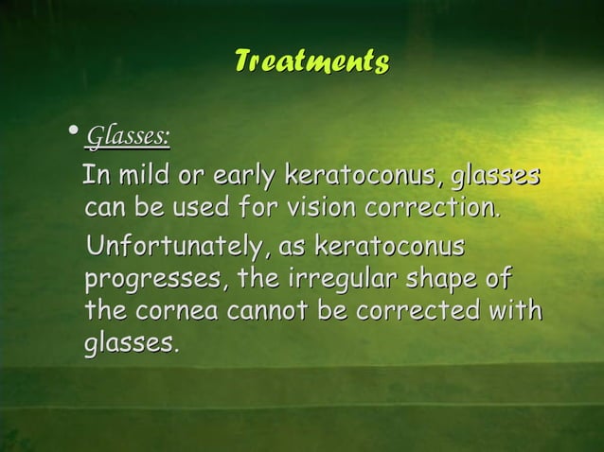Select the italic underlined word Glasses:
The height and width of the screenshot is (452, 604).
tap(128, 140)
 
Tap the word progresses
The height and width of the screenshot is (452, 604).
tap(154, 282)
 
